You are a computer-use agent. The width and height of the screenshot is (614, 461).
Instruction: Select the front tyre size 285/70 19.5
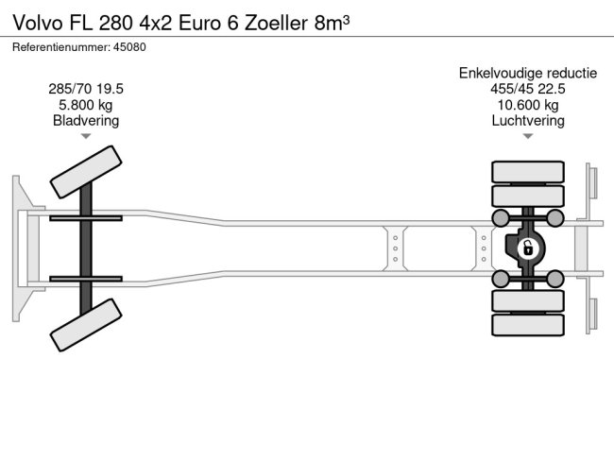point(86,89)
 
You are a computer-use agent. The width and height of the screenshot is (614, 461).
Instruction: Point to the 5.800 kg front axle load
point(86,105)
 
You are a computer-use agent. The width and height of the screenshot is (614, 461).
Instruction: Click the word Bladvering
point(86,121)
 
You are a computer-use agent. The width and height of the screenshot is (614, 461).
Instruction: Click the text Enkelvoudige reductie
point(527,73)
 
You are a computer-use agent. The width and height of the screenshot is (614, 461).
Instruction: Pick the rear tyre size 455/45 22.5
point(527,89)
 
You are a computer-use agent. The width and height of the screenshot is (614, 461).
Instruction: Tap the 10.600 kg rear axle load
point(527,105)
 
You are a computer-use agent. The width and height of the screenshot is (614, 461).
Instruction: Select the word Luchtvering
point(527,121)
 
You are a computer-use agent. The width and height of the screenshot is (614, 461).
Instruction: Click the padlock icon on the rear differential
point(528,249)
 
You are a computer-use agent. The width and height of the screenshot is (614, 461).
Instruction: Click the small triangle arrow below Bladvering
point(86,137)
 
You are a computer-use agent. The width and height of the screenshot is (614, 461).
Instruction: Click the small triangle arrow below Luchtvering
point(527,137)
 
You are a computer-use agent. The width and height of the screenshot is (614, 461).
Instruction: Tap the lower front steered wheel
point(86,326)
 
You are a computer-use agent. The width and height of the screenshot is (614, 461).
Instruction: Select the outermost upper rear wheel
point(527,172)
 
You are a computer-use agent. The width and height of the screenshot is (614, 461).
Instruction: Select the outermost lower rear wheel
point(527,325)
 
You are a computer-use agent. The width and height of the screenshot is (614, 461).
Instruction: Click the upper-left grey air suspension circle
point(500,218)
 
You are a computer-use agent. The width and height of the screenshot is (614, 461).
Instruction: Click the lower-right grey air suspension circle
point(555,278)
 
